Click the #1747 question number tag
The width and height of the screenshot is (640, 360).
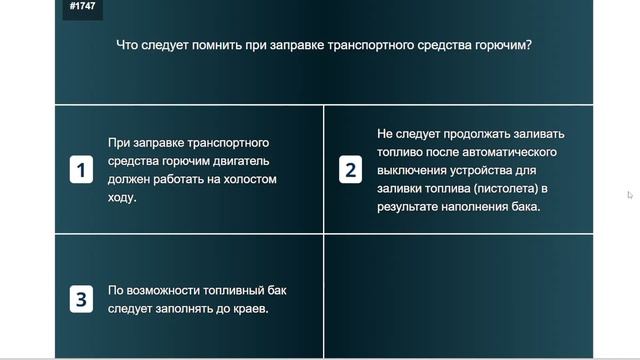(83, 6)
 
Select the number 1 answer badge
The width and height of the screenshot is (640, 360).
(82, 170)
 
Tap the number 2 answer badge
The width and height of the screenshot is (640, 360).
(350, 170)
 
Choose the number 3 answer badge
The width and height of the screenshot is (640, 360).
(82, 299)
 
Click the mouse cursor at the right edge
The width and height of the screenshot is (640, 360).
(630, 195)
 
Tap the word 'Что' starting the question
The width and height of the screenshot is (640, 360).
(128, 45)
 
